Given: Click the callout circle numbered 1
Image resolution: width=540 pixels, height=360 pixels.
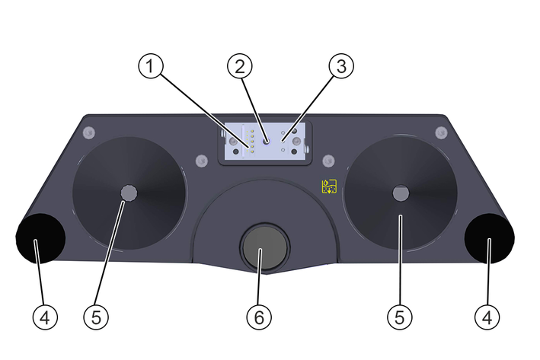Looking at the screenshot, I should (x=151, y=67).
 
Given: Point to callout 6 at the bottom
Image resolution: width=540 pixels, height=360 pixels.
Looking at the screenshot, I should (x=258, y=317).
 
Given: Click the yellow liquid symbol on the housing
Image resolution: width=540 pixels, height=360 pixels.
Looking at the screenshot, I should (x=328, y=186).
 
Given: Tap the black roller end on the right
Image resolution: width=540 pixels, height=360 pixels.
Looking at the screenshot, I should (x=489, y=238).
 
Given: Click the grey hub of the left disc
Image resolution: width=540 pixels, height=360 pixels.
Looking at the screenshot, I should (x=129, y=193).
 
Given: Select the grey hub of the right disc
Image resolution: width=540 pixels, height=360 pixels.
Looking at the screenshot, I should (x=400, y=193).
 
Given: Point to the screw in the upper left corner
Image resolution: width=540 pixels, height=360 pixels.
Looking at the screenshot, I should (x=89, y=132).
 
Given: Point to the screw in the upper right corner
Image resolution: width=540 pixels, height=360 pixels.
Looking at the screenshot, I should (x=439, y=133).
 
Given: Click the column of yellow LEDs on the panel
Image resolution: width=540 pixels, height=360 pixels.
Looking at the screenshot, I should (x=252, y=139).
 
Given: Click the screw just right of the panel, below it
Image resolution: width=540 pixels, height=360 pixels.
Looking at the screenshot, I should (x=329, y=160).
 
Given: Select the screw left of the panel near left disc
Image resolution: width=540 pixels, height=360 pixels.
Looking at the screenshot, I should (x=200, y=161).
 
